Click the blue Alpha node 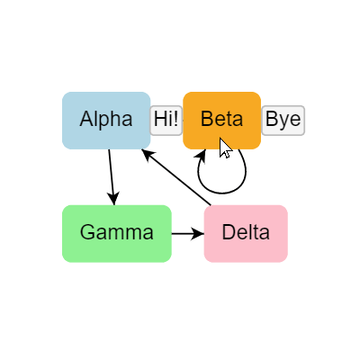106,120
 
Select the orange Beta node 221,120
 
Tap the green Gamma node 116,233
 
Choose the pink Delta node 246,233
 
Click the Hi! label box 166,120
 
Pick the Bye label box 283,120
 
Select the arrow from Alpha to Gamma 112,175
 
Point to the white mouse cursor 224,147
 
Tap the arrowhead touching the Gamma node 114,199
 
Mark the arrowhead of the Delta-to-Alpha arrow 149,156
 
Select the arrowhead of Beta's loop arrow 202,156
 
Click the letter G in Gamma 87,232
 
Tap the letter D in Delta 228,232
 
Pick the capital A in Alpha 85,119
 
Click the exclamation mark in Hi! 176,119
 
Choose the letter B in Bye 271,120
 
